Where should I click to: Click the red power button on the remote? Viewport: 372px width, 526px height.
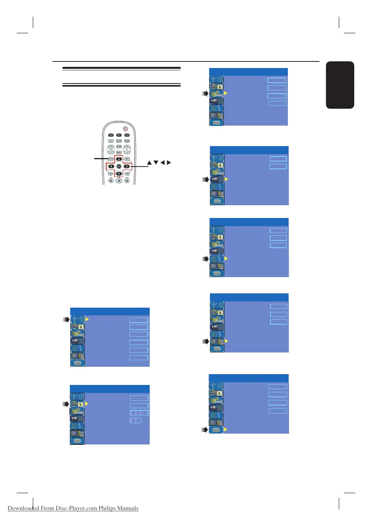(125, 129)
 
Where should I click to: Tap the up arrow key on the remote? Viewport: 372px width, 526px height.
(119, 159)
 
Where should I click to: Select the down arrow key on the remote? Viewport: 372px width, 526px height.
(119, 174)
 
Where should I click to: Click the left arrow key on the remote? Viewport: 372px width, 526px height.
(111, 167)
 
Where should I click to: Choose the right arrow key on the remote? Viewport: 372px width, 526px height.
(127, 167)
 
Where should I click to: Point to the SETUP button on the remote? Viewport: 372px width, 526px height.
(111, 159)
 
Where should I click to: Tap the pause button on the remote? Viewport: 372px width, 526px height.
(127, 181)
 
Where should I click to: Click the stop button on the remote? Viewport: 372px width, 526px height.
(111, 181)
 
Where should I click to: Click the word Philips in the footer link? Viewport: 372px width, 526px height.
(107, 508)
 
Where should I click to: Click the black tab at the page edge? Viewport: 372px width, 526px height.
(340, 85)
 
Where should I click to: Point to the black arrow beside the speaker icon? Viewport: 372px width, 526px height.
(206, 179)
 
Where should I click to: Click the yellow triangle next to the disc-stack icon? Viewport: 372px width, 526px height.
(225, 429)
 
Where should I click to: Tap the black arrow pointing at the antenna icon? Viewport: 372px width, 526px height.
(66, 320)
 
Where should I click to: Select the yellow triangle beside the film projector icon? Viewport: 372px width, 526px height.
(226, 93)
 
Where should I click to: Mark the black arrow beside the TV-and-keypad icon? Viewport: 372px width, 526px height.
(206, 341)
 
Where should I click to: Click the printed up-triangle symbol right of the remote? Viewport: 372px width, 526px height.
(149, 163)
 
